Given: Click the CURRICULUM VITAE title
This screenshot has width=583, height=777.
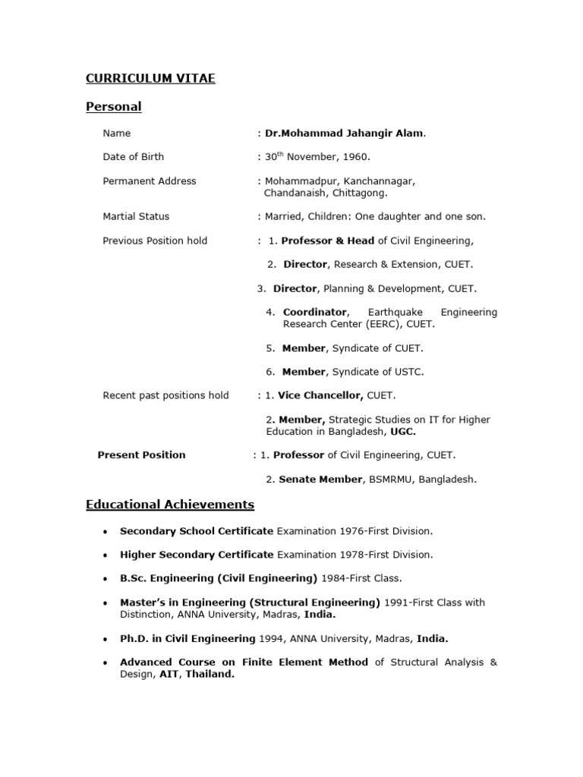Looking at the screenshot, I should (x=150, y=78).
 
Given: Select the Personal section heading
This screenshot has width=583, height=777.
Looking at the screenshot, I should (x=113, y=107).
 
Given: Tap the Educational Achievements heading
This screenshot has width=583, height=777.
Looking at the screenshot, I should (x=170, y=505).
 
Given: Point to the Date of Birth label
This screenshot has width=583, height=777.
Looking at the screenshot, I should (x=133, y=157).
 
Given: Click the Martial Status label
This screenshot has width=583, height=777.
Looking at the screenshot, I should (x=136, y=217).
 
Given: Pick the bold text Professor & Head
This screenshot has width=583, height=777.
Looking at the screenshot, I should (x=328, y=241).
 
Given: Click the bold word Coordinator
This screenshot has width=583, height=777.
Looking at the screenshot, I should (x=315, y=313).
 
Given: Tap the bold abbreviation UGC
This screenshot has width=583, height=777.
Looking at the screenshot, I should (x=402, y=432).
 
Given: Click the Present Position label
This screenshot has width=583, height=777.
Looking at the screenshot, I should (x=141, y=455).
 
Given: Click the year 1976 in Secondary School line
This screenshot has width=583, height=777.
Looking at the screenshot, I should (x=355, y=531).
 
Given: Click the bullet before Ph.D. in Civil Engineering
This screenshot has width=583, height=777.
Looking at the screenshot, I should (x=104, y=639).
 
